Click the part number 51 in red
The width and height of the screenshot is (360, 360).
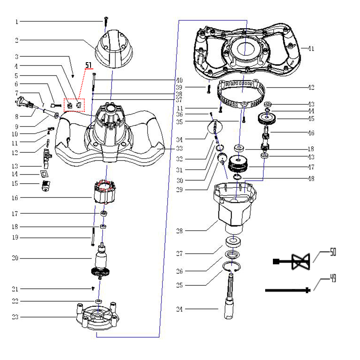pyautogui.click(x=89, y=65)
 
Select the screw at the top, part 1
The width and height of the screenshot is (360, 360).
pyautogui.click(x=105, y=20)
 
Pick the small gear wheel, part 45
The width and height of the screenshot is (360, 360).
pyautogui.click(x=266, y=118)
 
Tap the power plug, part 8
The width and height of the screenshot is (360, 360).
pyautogui.click(x=25, y=103)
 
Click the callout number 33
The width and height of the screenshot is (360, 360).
pyautogui.click(x=179, y=148)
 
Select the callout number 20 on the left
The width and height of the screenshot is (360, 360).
pyautogui.click(x=16, y=258)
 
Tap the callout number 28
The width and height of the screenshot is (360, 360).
pyautogui.click(x=179, y=231)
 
